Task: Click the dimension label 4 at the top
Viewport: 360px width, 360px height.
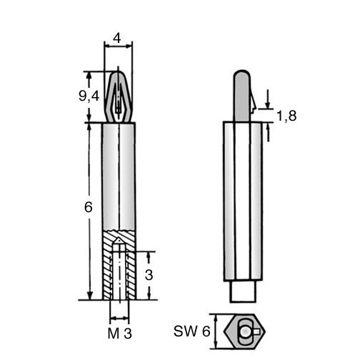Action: click(x=117, y=38)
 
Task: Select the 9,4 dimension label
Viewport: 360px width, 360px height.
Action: click(x=89, y=96)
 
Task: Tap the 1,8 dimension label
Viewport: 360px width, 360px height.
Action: click(x=286, y=116)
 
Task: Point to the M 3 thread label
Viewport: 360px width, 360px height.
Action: click(x=119, y=334)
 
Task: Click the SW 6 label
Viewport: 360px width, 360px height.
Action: click(x=192, y=331)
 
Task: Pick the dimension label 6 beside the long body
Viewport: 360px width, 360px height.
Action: click(x=89, y=207)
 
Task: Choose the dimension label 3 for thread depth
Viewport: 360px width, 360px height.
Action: click(x=149, y=275)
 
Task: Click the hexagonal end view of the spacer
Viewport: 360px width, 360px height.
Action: click(x=244, y=331)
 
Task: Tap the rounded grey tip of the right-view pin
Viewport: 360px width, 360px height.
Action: click(x=241, y=76)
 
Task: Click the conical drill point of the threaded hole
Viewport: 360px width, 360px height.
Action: click(x=119, y=242)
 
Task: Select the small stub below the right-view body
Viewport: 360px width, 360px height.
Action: click(x=243, y=291)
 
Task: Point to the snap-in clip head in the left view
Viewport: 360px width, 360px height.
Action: click(x=118, y=96)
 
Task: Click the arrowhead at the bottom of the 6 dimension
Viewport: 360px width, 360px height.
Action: click(x=89, y=296)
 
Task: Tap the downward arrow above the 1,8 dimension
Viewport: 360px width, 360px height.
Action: click(x=268, y=99)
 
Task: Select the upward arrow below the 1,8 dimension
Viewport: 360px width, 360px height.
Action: click(x=268, y=132)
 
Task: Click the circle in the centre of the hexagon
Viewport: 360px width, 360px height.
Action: click(x=244, y=331)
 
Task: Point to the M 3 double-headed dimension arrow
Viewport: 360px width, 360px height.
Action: click(x=119, y=318)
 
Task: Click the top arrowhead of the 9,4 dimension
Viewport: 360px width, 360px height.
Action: click(x=89, y=76)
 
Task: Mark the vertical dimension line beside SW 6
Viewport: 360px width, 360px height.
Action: click(x=216, y=331)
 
